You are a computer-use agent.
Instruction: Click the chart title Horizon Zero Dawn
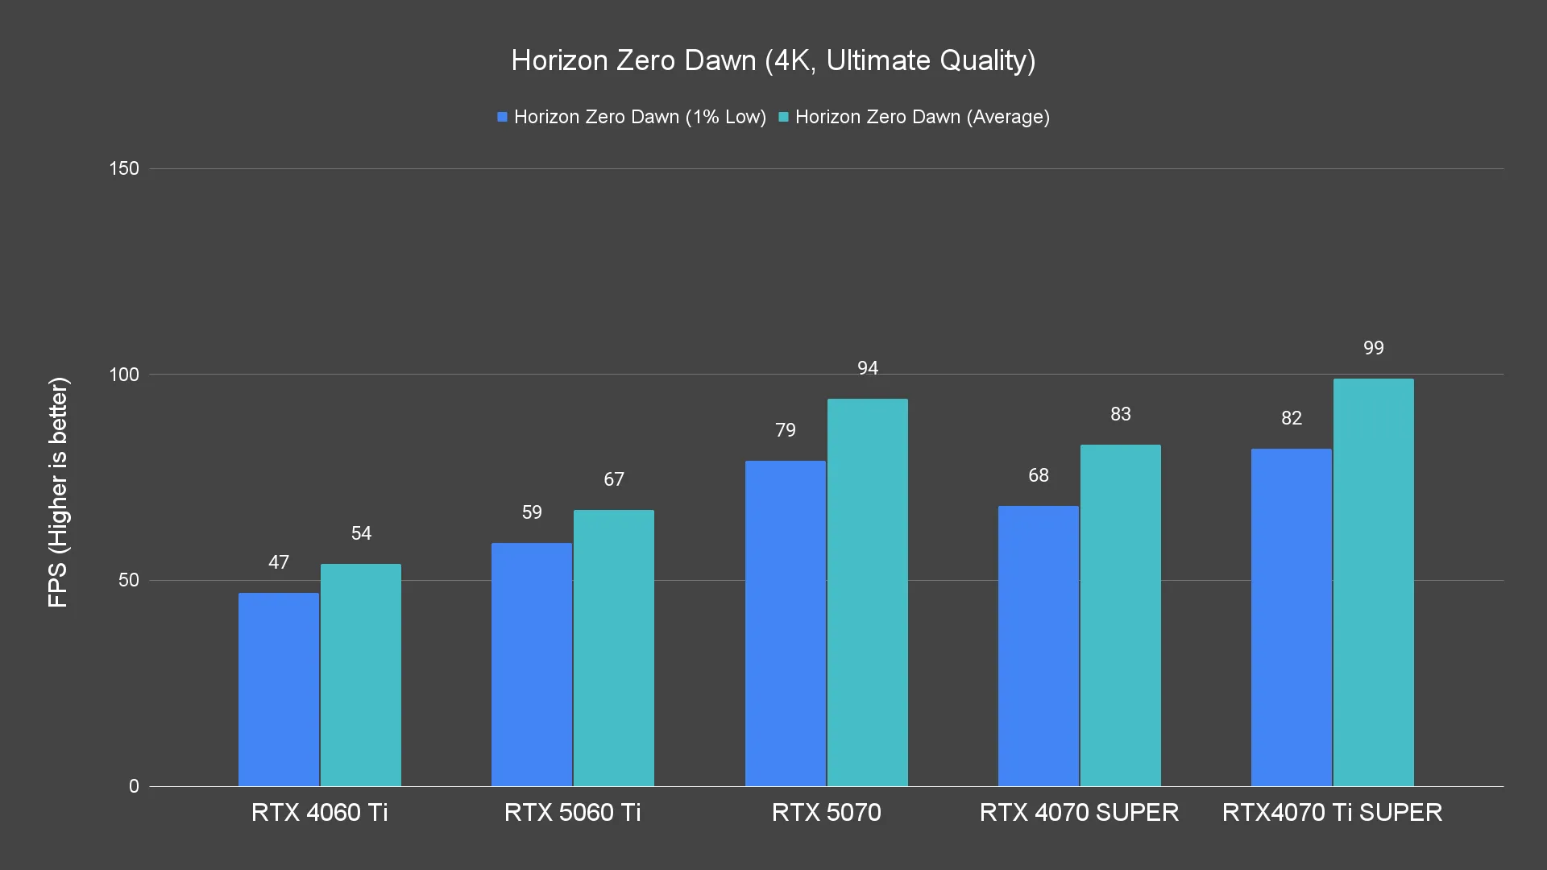(773, 60)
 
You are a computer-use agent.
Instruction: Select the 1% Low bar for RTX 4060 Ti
(279, 690)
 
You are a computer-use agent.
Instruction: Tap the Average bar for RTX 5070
(867, 592)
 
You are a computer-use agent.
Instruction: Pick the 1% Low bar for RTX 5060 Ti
(532, 665)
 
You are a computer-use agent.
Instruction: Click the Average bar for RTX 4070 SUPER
(1120, 615)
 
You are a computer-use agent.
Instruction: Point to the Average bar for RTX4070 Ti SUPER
(1373, 582)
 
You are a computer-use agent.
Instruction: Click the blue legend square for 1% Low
(502, 117)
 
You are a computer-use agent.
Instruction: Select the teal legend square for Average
(783, 117)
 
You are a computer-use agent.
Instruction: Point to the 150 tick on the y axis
(124, 168)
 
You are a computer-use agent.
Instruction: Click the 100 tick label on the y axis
(124, 375)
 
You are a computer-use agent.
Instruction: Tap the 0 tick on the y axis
(134, 786)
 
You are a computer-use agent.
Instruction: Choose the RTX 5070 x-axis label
(826, 812)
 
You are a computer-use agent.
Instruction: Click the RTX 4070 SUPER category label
(1079, 812)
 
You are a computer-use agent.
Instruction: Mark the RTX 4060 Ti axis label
(319, 812)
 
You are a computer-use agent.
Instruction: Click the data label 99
(1373, 348)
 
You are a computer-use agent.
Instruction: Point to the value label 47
(279, 562)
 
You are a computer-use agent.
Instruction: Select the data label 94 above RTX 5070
(867, 368)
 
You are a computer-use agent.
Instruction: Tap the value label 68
(1038, 475)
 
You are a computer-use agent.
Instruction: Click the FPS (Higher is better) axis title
(58, 491)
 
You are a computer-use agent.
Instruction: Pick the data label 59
(532, 512)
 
